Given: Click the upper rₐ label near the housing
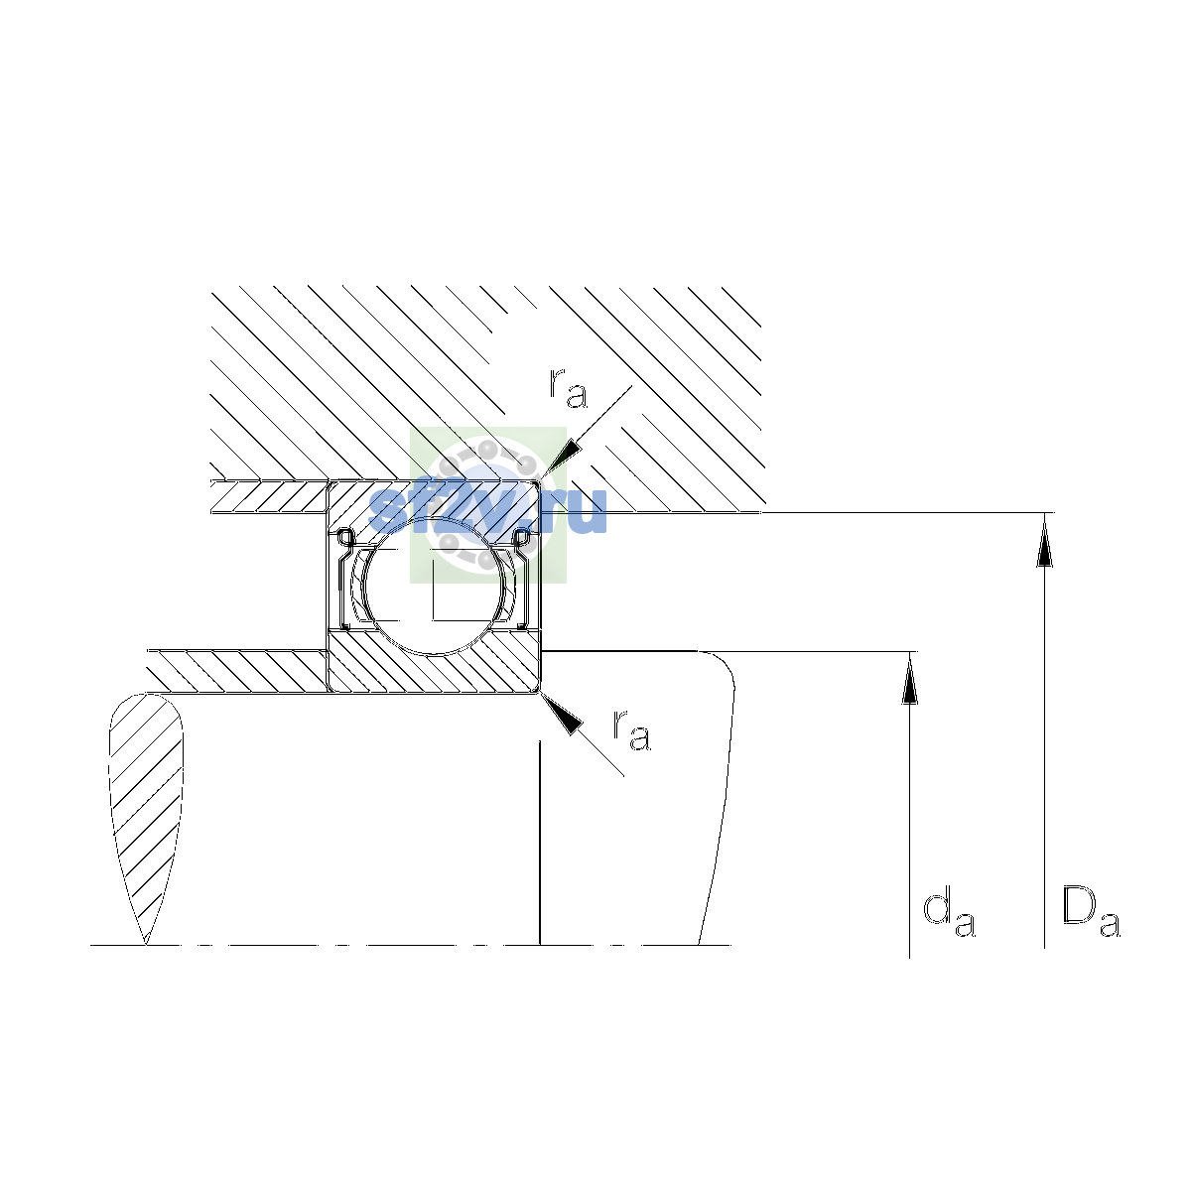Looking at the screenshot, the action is click(568, 388).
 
